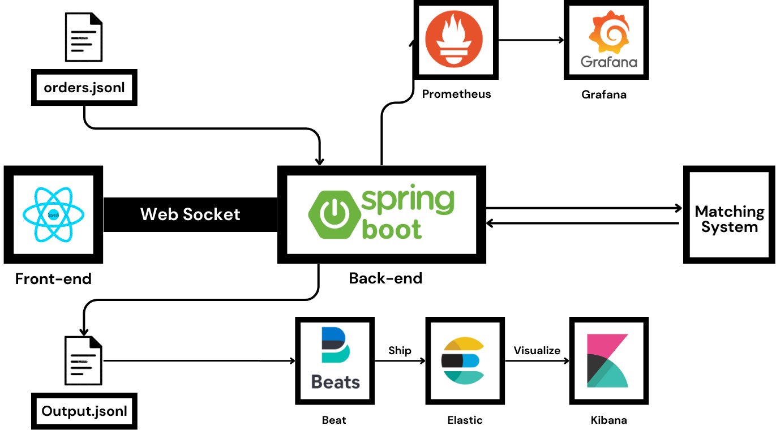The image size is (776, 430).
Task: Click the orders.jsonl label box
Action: pos(84,88)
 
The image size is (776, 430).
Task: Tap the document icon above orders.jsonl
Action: pos(84,37)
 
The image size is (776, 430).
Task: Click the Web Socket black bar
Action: pos(190,214)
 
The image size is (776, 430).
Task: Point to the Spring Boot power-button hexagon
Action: pos(333,214)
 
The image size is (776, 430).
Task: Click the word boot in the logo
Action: pos(392,229)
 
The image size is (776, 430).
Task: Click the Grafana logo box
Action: pos(606,40)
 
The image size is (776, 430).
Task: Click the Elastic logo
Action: pos(465,360)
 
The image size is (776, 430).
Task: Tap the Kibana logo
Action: pos(608,360)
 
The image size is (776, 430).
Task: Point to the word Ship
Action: pos(400,350)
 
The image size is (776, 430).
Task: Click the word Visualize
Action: pos(537,350)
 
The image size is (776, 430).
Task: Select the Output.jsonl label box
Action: pos(84,411)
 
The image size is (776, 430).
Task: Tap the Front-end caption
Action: pos(53,278)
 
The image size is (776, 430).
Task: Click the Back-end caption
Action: pos(385,278)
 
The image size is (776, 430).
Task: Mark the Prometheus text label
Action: pos(456,94)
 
